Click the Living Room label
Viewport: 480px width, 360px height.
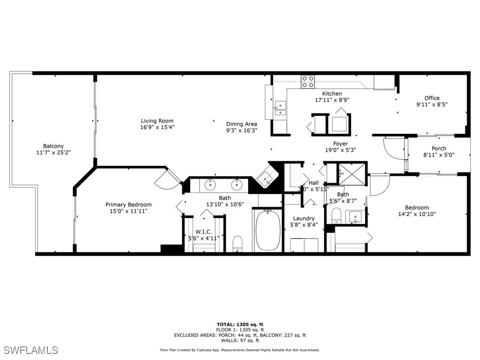157,121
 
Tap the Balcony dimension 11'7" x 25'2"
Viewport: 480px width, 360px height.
53,152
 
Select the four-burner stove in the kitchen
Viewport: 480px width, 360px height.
307,82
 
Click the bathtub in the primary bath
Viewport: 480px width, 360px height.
268,230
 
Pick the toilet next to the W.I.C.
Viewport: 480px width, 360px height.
237,243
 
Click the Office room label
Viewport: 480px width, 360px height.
432,98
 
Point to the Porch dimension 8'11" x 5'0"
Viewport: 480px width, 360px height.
439,155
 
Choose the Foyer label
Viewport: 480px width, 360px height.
340,144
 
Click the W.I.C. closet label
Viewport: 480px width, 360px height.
203,232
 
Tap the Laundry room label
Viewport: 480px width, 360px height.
304,218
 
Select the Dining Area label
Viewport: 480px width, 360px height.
241,124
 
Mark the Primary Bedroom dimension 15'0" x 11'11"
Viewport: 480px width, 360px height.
128,211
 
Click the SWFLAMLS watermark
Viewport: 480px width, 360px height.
30,350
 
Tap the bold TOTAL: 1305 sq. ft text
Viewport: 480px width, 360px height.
240,324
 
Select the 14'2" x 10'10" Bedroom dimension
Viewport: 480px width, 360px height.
417,214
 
